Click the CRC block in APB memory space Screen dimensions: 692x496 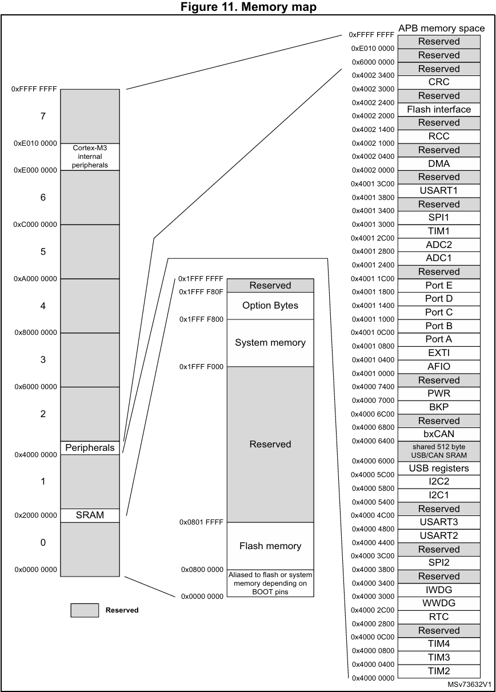[439, 82]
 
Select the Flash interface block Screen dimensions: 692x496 [439, 109]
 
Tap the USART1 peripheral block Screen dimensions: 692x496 [439, 190]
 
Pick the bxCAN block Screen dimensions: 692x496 [439, 434]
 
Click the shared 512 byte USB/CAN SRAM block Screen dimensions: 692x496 [439, 451]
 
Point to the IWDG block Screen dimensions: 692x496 [439, 590]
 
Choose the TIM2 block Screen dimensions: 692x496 [439, 671]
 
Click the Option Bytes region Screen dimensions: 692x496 [270, 305]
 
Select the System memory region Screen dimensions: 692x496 [270, 343]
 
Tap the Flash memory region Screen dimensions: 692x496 [270, 546]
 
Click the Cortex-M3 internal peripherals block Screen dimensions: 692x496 [90, 157]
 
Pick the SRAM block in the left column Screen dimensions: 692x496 [90, 515]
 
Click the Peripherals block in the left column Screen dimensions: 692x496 [90, 447]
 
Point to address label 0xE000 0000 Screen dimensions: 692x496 [35, 170]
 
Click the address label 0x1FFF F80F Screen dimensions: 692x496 [201, 292]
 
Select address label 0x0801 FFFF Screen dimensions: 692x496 [201, 522]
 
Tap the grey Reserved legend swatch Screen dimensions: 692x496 [85, 610]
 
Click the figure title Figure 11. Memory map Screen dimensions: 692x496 [247, 7]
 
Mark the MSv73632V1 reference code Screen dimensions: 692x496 [469, 684]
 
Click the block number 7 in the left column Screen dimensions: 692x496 [43, 116]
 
